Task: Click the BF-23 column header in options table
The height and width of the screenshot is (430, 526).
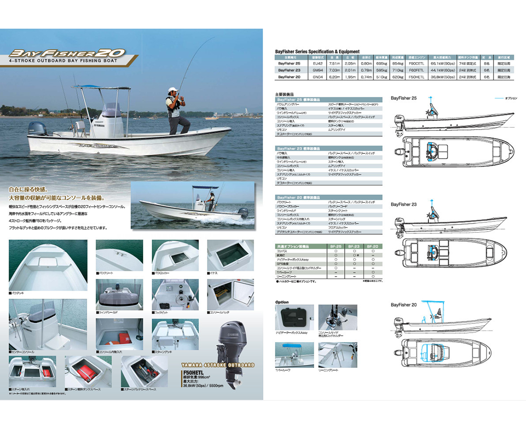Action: click(353, 246)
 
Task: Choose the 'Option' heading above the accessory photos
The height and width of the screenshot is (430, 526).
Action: click(282, 302)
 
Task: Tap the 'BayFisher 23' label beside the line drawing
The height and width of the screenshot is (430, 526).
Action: click(404, 204)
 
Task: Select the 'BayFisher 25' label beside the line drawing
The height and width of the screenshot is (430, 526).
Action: click(404, 98)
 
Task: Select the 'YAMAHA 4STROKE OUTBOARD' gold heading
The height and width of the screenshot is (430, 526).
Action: click(219, 365)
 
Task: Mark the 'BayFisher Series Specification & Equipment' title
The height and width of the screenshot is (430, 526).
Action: click(317, 52)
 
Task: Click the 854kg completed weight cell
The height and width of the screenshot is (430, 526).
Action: click(398, 64)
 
